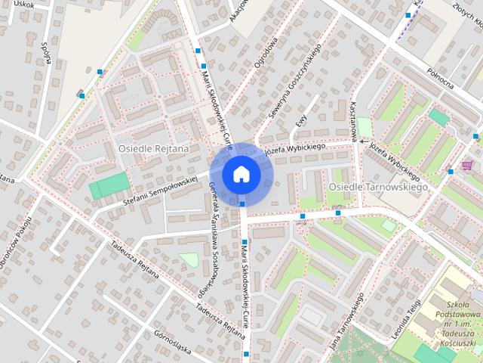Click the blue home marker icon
[x=241, y=174]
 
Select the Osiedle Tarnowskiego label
[x=378, y=186]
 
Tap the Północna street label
[x=438, y=76]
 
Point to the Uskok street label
[x=25, y=5]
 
